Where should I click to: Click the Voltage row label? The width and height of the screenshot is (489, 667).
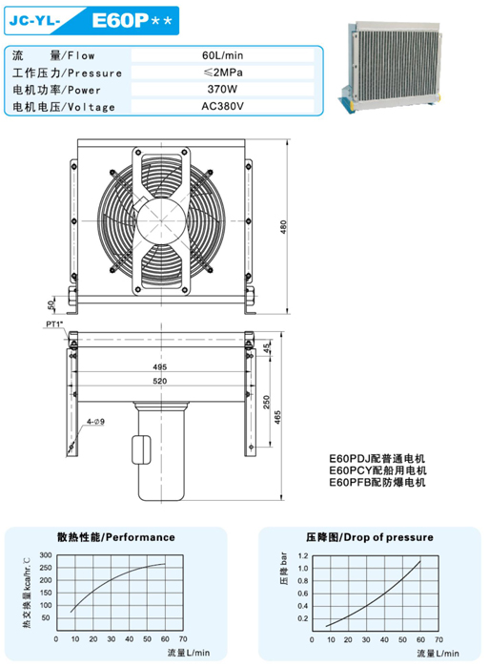(64, 106)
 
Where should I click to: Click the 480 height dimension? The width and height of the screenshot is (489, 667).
(283, 225)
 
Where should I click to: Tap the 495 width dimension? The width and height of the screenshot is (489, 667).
(159, 367)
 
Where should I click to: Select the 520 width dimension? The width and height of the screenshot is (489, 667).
(159, 382)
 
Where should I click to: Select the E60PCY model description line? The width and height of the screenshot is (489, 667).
(377, 469)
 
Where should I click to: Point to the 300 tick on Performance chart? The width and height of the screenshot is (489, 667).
(49, 554)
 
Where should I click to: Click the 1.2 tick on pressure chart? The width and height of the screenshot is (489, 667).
(302, 554)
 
